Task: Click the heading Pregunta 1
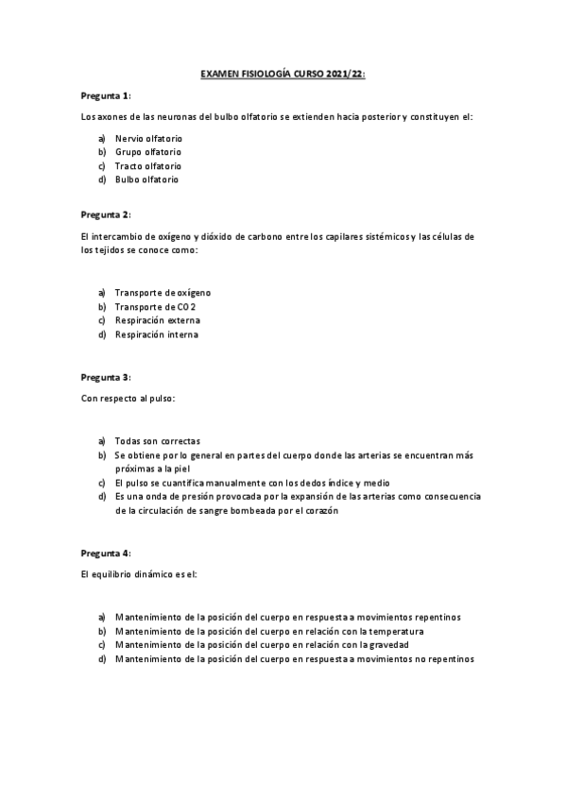[x=105, y=96]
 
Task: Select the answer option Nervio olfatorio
[x=148, y=139]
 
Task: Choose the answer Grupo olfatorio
[x=148, y=152]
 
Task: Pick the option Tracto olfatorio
[x=148, y=165]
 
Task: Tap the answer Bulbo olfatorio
[x=146, y=179]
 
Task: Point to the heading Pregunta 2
[x=105, y=214]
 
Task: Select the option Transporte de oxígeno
[x=163, y=294]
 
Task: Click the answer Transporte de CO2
[x=155, y=307]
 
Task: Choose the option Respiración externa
[x=157, y=320]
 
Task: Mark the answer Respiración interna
[x=156, y=334]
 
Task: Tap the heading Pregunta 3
[x=105, y=377]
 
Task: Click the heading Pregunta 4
[x=105, y=553]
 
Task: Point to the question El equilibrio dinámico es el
[x=138, y=573]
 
